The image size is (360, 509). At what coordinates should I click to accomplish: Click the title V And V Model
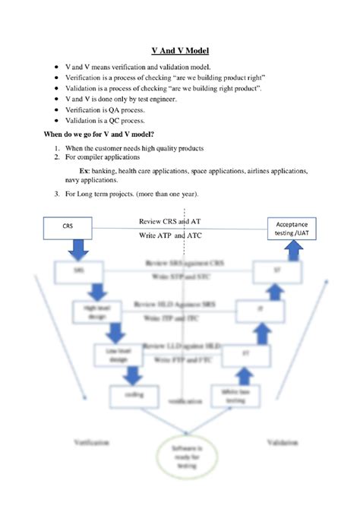[x=180, y=51]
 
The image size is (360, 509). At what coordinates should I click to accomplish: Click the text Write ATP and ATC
[x=172, y=236]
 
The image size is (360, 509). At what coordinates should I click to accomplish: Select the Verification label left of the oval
[x=92, y=441]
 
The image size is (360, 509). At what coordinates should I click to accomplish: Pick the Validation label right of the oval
[x=283, y=441]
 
